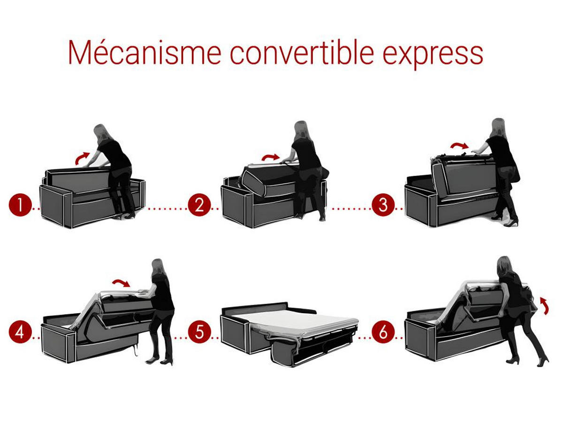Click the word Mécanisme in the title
click(x=145, y=53)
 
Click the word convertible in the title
click(x=302, y=53)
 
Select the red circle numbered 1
click(x=20, y=205)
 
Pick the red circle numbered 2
click(x=199, y=205)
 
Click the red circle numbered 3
click(x=383, y=205)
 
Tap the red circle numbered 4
click(x=20, y=332)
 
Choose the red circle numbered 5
click(x=199, y=332)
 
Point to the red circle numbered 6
click(x=383, y=332)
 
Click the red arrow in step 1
click(x=82, y=158)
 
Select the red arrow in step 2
click(x=270, y=157)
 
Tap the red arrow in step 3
click(x=459, y=145)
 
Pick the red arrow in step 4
click(x=122, y=282)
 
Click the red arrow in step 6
click(x=543, y=305)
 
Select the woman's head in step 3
click(x=498, y=126)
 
